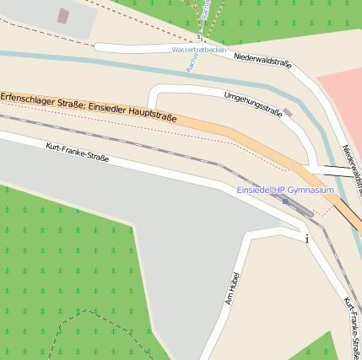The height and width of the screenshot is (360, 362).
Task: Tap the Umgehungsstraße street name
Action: tap(252, 103)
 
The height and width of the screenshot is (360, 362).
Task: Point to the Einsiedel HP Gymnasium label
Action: tap(285, 191)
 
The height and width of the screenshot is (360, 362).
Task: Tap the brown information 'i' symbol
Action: tap(307, 239)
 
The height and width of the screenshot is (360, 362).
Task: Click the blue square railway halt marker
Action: tap(285, 201)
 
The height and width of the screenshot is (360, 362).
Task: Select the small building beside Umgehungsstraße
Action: tap(288, 112)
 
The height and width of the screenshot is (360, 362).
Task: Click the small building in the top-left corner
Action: tap(63, 15)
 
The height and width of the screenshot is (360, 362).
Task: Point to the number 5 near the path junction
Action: tap(199, 37)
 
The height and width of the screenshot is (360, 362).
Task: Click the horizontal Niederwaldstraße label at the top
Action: tap(262, 60)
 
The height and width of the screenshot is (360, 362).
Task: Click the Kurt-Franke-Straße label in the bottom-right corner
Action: tap(354, 325)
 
